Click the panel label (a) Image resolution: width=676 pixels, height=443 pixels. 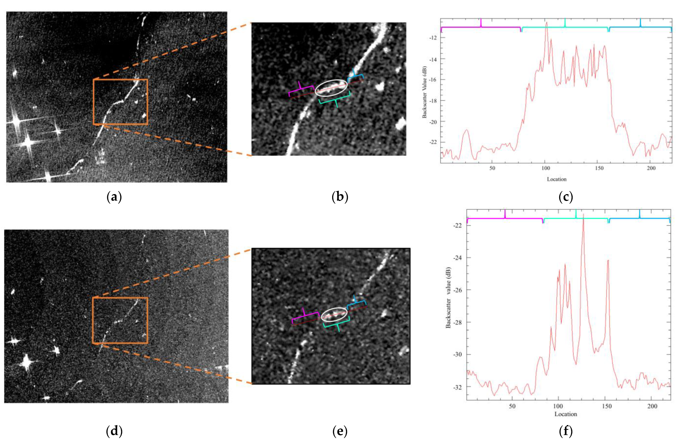tap(114, 197)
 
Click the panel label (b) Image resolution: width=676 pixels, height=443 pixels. tap(340, 197)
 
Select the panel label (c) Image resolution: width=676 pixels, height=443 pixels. tap(566, 197)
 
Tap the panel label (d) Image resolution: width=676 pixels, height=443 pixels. tap(114, 431)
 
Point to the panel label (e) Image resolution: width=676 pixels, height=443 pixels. tap(340, 431)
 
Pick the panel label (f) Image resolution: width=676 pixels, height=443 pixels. tap(566, 431)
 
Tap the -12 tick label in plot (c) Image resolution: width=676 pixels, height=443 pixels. tap(433, 38)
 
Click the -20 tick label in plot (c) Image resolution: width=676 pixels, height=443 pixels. tap(433, 122)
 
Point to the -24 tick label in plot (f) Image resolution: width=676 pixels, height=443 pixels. tap(458, 258)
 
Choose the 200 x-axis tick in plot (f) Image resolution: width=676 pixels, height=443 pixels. tap(652, 406)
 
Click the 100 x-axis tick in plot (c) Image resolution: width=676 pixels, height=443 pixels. tap(546, 168)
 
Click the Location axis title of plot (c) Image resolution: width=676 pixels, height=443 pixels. tap(557, 179)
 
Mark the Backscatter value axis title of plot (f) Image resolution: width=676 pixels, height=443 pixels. tap(448, 298)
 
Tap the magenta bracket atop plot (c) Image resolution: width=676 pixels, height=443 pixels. tap(481, 27)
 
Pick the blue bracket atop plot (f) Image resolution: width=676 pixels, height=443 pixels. tap(639, 218)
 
